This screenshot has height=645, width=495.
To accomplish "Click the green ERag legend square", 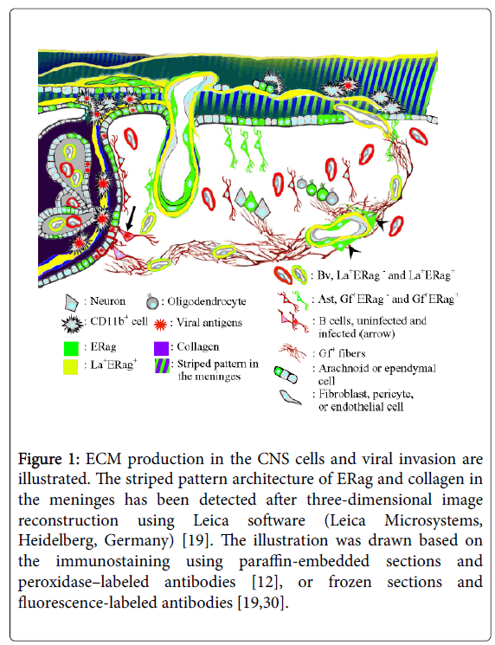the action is (x=71, y=348).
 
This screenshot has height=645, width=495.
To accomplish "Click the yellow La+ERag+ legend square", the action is (x=70, y=366).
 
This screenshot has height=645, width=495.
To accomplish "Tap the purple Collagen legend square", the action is (x=161, y=348).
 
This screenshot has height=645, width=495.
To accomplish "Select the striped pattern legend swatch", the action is (x=162, y=365).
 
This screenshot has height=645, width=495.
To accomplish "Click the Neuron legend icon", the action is (x=71, y=302).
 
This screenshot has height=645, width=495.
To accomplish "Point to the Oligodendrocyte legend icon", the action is (x=152, y=302).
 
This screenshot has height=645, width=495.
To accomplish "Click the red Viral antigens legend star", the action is (x=160, y=324).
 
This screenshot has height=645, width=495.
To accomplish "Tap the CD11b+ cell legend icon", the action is (x=72, y=323).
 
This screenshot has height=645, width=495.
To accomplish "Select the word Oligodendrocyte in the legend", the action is (x=206, y=301).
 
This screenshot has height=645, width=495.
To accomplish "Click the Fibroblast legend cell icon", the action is (x=289, y=397).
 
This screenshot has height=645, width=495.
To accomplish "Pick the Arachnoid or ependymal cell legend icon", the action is (x=286, y=374).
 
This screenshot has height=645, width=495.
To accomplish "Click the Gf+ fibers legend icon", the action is (x=292, y=352).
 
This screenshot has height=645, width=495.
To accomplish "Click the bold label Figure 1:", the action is (x=49, y=459).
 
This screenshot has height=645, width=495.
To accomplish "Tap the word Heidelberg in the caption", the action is (x=55, y=540).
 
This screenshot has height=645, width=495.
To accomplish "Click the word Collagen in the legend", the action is (x=198, y=347).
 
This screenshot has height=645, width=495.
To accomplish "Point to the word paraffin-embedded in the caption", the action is (x=305, y=562).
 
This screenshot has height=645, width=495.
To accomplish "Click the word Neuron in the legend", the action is (x=107, y=301).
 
